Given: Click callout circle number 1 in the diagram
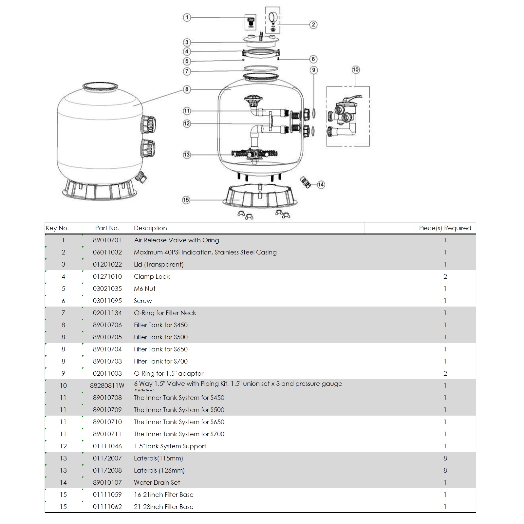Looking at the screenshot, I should click(187, 17).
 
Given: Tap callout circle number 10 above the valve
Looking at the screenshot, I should click(356, 70).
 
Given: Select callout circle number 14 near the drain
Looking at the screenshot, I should click(321, 185).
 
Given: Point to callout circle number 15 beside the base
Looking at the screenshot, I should click(186, 200).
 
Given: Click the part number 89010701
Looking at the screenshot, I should click(107, 240).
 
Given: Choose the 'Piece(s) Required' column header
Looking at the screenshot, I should click(445, 228).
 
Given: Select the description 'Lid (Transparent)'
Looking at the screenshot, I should click(159, 264).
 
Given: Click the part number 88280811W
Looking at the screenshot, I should click(107, 385).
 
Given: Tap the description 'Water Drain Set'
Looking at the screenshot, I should click(157, 482).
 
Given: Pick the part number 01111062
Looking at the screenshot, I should click(107, 507).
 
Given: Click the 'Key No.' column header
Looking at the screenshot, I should click(57, 228).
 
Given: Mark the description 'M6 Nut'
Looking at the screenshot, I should click(144, 289).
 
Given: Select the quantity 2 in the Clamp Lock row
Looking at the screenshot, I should click(445, 276).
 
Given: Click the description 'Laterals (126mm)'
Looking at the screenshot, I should click(159, 470).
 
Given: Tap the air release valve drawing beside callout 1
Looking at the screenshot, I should click(251, 23).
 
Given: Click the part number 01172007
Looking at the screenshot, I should click(107, 458).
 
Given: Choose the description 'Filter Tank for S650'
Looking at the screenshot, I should click(160, 349).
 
